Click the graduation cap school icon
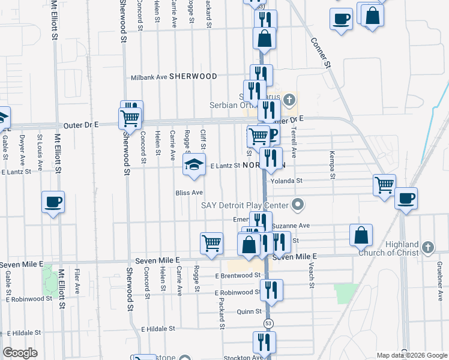tap(194, 166)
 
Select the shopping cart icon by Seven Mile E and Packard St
tap(211, 244)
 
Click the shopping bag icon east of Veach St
tap(361, 235)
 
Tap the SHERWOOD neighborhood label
tap(193, 77)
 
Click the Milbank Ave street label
tap(149, 77)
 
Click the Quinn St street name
tap(249, 311)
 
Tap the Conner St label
tap(321, 52)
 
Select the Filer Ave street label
tap(77, 281)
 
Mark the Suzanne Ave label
tap(291, 226)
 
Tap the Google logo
tap(20, 353)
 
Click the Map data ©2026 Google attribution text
tap(412, 355)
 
